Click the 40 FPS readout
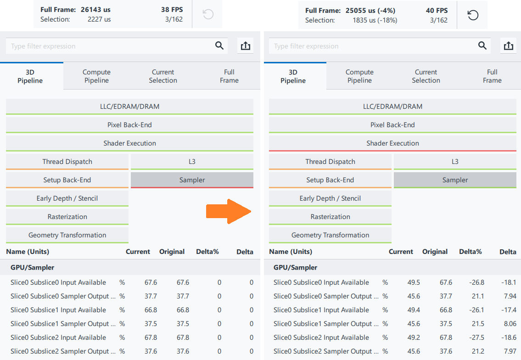point(437,10)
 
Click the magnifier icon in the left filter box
point(219,45)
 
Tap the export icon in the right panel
point(508,46)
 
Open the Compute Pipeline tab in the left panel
point(96,76)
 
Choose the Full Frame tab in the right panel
point(492,76)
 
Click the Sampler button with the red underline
point(192,180)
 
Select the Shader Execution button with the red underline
point(392,143)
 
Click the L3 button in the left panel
point(192,162)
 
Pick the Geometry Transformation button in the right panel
point(330,235)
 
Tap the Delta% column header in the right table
point(470,252)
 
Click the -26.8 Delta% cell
point(476,282)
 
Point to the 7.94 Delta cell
point(510,296)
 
